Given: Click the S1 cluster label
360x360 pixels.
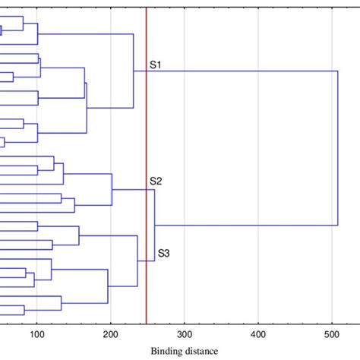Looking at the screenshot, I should (156, 65).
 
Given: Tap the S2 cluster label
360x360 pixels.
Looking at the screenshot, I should (156, 181).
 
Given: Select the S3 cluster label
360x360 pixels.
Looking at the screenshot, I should (163, 253).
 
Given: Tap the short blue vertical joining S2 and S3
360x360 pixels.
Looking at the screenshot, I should (155, 226).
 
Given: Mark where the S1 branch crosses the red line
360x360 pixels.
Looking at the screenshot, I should (146, 71).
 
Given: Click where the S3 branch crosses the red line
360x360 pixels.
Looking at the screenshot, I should (146, 261).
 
